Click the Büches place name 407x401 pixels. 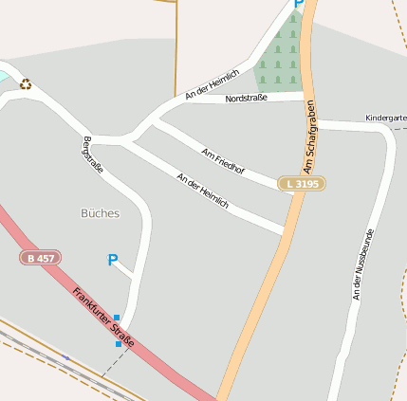click(100, 213)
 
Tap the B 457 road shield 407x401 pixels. click(39, 258)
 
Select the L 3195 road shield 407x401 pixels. click(302, 183)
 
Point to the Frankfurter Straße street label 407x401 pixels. click(102, 315)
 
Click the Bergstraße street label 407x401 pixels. click(93, 155)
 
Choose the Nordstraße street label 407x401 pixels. click(246, 98)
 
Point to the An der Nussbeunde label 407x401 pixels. click(363, 264)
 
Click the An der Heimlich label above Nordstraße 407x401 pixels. click(212, 83)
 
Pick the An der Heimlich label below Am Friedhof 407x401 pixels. click(202, 190)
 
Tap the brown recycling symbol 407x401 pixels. click(26, 84)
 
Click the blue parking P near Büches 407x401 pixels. click(113, 260)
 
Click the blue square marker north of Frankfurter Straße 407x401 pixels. click(117, 317)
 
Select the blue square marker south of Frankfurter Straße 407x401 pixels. click(119, 344)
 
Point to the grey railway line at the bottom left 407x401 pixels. click(47, 351)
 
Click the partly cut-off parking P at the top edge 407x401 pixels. click(298, 4)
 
